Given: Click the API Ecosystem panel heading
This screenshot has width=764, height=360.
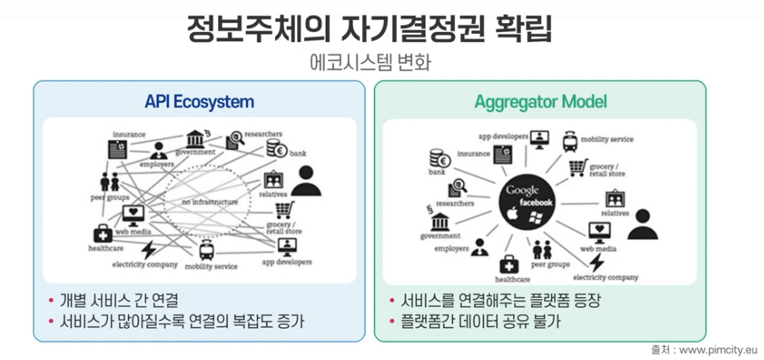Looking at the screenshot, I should click(199, 101).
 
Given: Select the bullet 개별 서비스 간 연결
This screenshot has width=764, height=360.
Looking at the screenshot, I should click(122, 299).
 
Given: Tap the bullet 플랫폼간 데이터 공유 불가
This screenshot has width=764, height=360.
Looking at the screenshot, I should click(475, 321).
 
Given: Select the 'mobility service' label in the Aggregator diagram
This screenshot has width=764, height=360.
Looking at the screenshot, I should click(609, 139).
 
